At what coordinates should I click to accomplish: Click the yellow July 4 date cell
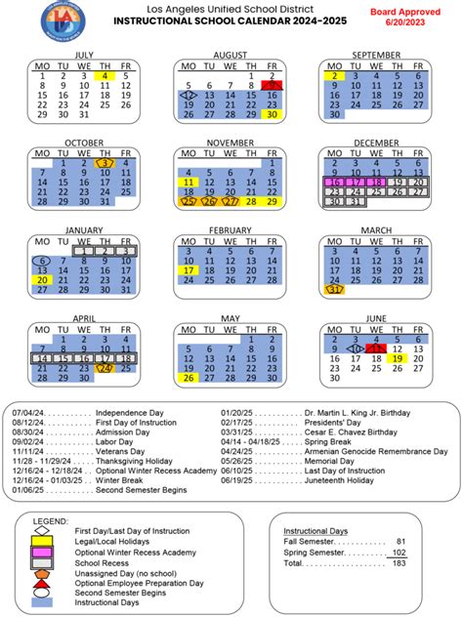tap(105, 75)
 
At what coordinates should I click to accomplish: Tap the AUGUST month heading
tap(231, 54)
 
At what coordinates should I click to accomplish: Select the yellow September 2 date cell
tap(335, 75)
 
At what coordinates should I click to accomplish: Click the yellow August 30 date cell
tap(273, 114)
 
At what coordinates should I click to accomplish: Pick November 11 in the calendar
tap(188, 182)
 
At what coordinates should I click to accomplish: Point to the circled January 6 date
tap(42, 261)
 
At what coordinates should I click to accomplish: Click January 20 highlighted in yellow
tap(42, 280)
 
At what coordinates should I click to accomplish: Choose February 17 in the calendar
tap(188, 270)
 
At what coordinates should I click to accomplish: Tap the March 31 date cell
tap(335, 290)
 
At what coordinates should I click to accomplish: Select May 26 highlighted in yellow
tap(188, 378)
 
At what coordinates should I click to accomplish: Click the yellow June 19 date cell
tap(399, 358)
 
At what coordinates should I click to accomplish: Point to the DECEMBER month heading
tap(376, 142)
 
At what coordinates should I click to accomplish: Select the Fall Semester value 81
tap(401, 540)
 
